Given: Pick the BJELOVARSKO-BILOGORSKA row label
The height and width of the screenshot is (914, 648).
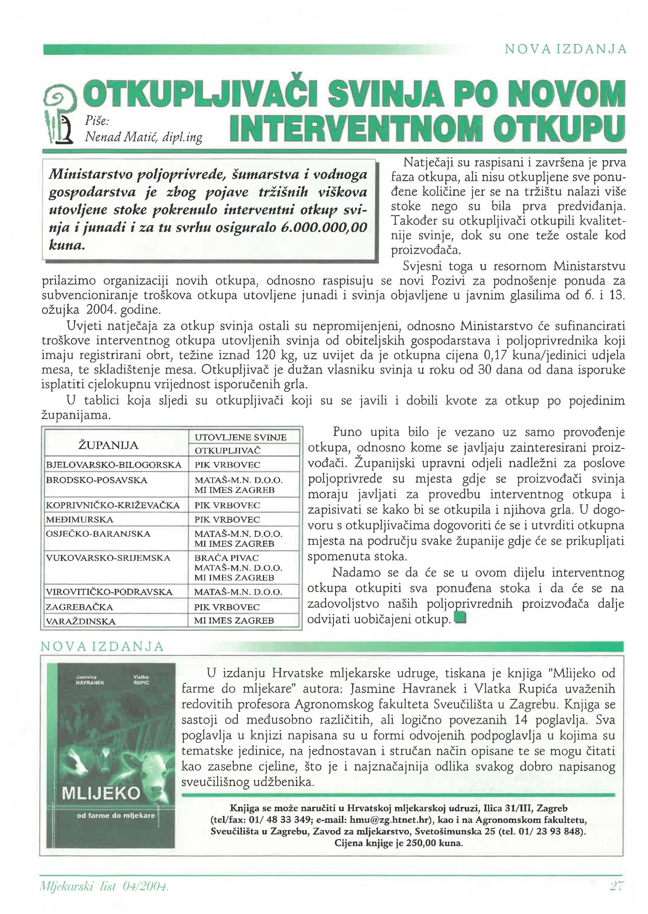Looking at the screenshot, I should [x=114, y=465].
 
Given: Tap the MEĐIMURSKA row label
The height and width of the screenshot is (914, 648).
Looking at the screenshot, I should [x=80, y=519].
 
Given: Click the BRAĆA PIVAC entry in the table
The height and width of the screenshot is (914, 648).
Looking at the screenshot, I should [x=226, y=557].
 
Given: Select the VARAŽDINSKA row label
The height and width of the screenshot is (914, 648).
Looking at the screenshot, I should [x=81, y=621].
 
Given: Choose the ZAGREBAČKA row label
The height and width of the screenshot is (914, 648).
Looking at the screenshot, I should [x=79, y=607].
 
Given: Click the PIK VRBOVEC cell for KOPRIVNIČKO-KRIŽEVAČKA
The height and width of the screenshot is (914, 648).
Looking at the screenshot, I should [x=227, y=505].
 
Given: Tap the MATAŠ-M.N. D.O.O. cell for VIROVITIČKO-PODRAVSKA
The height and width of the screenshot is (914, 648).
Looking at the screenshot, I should [x=238, y=592].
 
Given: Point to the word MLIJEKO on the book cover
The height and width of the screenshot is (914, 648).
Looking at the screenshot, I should [x=101, y=793].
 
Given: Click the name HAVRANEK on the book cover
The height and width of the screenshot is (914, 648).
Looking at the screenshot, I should [x=90, y=682].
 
